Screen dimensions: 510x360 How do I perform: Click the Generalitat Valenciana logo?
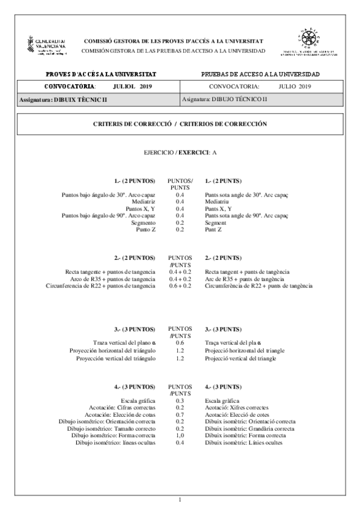click(x=46, y=46)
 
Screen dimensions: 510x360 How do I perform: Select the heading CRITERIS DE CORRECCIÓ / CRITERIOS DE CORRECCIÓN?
click(x=180, y=124)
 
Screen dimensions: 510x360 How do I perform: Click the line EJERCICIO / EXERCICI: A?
click(x=180, y=153)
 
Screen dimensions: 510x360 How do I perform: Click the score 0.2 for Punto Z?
click(x=180, y=230)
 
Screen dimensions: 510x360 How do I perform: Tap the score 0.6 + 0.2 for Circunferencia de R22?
click(x=180, y=286)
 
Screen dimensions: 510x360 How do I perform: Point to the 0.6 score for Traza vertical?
click(x=180, y=343)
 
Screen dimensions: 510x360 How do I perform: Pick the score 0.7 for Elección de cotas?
click(x=180, y=414)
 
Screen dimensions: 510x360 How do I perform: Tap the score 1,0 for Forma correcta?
click(x=180, y=436)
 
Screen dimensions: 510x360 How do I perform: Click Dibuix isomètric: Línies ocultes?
click(x=243, y=443)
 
